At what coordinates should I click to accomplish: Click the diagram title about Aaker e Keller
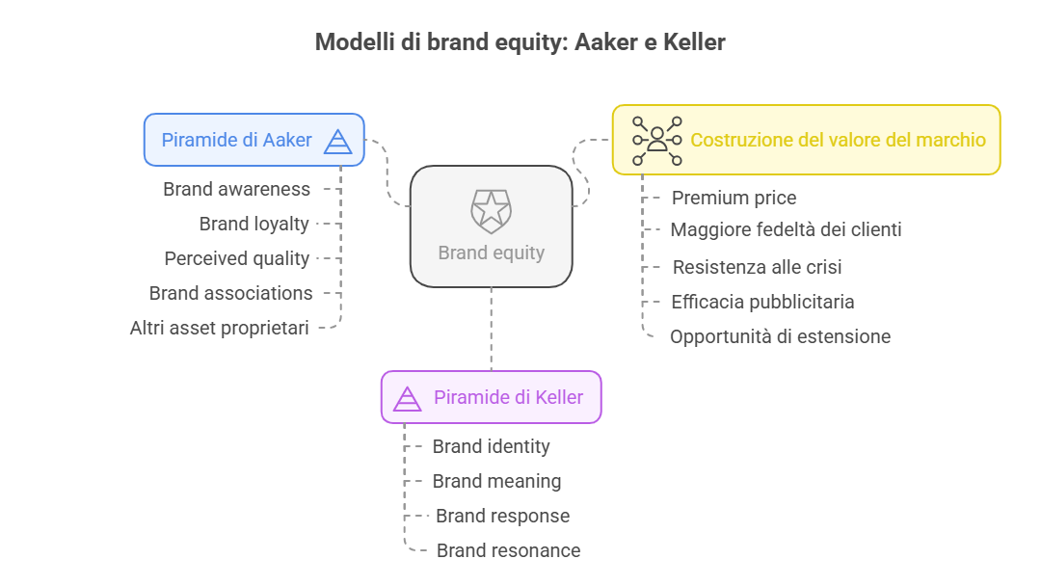(520, 41)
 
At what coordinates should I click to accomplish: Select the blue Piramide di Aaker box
(254, 140)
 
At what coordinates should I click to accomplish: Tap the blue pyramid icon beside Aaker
(337, 142)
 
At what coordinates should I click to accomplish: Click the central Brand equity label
(492, 253)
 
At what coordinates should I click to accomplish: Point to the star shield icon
(492, 211)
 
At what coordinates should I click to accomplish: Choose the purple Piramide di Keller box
(492, 397)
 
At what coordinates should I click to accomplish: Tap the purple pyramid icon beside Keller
(407, 399)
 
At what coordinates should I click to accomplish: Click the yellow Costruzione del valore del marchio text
(838, 140)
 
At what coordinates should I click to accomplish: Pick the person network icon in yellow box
(656, 141)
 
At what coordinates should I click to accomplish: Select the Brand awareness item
(236, 189)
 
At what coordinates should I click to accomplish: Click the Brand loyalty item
(254, 225)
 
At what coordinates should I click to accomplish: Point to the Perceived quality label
(237, 259)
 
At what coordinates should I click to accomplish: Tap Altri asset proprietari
(219, 328)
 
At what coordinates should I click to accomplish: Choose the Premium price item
(734, 198)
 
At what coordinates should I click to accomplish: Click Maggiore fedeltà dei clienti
(787, 229)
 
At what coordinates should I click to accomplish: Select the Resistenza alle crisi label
(757, 267)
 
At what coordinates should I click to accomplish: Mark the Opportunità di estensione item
(780, 336)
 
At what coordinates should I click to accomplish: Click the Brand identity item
(492, 446)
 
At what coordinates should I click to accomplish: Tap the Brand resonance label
(509, 551)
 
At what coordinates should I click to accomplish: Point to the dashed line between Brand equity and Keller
(492, 330)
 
